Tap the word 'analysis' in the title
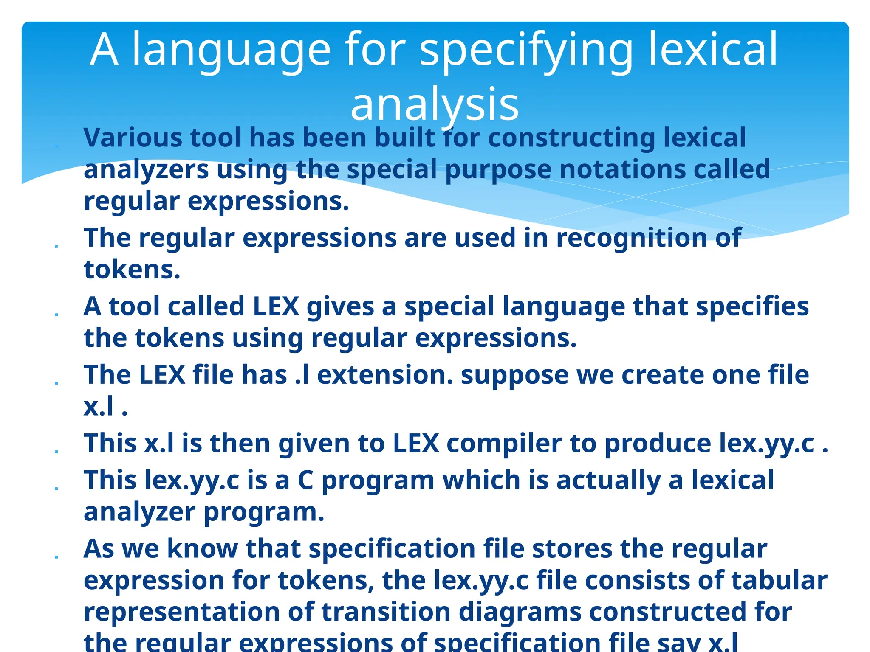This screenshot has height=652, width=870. (435, 104)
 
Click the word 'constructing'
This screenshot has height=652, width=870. (571, 138)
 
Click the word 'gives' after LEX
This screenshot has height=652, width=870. (340, 306)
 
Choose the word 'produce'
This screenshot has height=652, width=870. (658, 444)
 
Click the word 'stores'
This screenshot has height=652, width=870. (572, 548)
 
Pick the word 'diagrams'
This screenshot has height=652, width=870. (520, 613)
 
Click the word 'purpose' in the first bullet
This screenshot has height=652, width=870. (498, 170)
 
